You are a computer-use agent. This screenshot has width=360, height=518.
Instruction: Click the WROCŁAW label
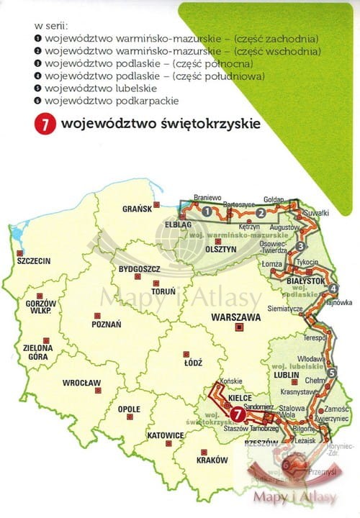(x=81, y=383)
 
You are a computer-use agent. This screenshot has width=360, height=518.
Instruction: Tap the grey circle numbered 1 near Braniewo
(x=207, y=212)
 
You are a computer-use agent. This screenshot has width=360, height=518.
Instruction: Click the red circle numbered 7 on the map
(x=238, y=413)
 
